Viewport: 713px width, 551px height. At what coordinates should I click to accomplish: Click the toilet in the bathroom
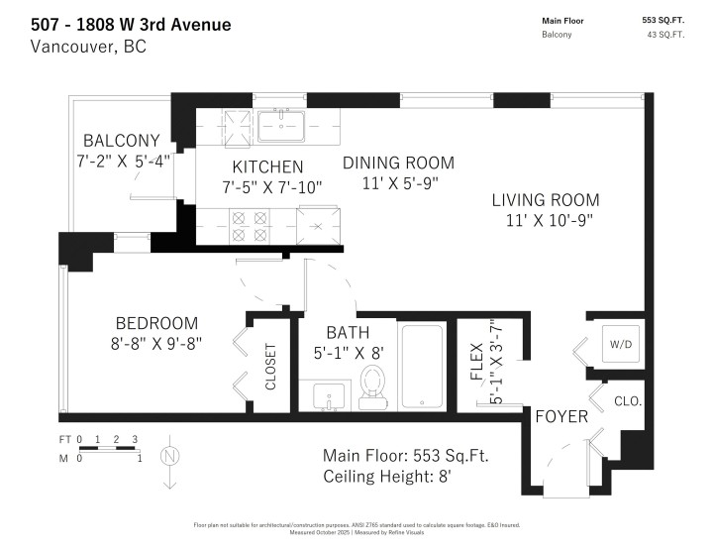click(373, 386)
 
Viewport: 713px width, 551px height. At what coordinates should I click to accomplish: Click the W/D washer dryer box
click(621, 344)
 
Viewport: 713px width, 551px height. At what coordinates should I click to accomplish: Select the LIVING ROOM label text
click(546, 199)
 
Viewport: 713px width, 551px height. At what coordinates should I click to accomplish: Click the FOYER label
click(561, 416)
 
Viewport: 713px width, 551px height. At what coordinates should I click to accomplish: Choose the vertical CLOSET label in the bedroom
click(271, 367)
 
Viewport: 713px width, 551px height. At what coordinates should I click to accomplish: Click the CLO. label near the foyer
click(628, 401)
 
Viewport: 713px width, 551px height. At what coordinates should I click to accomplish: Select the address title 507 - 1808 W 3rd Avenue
click(132, 24)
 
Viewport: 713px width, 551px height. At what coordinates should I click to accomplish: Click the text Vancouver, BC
click(89, 47)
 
